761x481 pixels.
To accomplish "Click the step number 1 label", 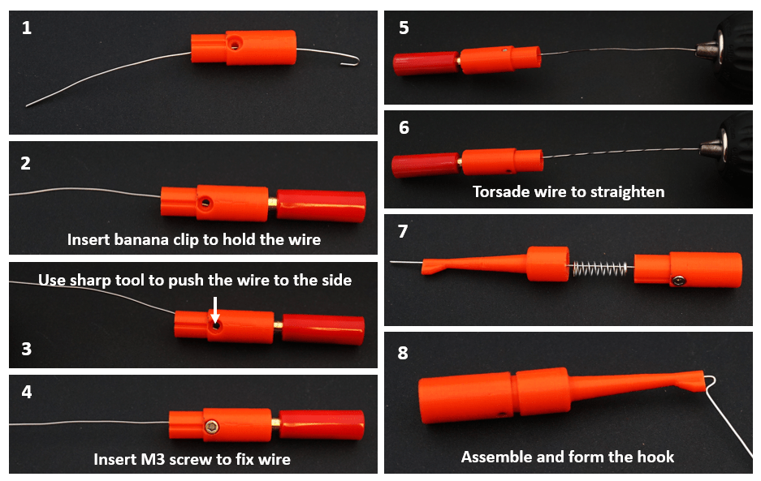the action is point(27,28).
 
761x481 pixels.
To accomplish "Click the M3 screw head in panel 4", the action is point(212,427).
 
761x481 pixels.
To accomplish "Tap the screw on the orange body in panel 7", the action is point(678,281).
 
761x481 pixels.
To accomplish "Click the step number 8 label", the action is point(403,353).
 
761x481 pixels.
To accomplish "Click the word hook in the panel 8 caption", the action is point(655,457).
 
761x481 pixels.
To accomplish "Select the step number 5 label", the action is point(404,28).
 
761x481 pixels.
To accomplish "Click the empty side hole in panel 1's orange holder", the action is point(235,45).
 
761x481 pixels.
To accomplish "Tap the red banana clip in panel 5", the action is point(426,64).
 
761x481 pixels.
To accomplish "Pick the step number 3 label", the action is point(27,349).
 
